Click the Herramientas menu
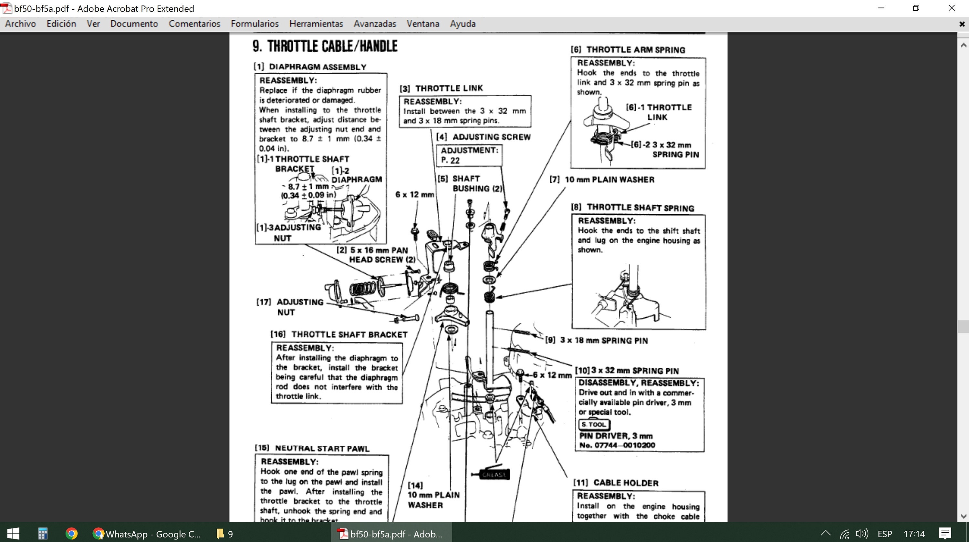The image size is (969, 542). [316, 24]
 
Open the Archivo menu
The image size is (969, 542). [20, 24]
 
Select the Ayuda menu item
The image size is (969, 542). [463, 24]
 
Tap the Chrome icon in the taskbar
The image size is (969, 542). [71, 533]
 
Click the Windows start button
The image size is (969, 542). [13, 533]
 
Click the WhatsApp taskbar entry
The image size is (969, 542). [147, 533]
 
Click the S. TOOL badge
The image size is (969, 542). [594, 424]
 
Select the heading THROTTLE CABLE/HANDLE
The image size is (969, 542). [325, 46]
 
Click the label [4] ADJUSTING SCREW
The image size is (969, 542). [484, 137]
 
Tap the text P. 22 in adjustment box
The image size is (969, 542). [450, 160]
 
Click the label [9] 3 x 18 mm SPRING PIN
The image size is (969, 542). [597, 340]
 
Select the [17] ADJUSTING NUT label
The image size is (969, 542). [290, 307]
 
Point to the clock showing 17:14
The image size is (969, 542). [914, 533]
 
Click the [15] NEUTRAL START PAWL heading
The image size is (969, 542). [312, 448]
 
